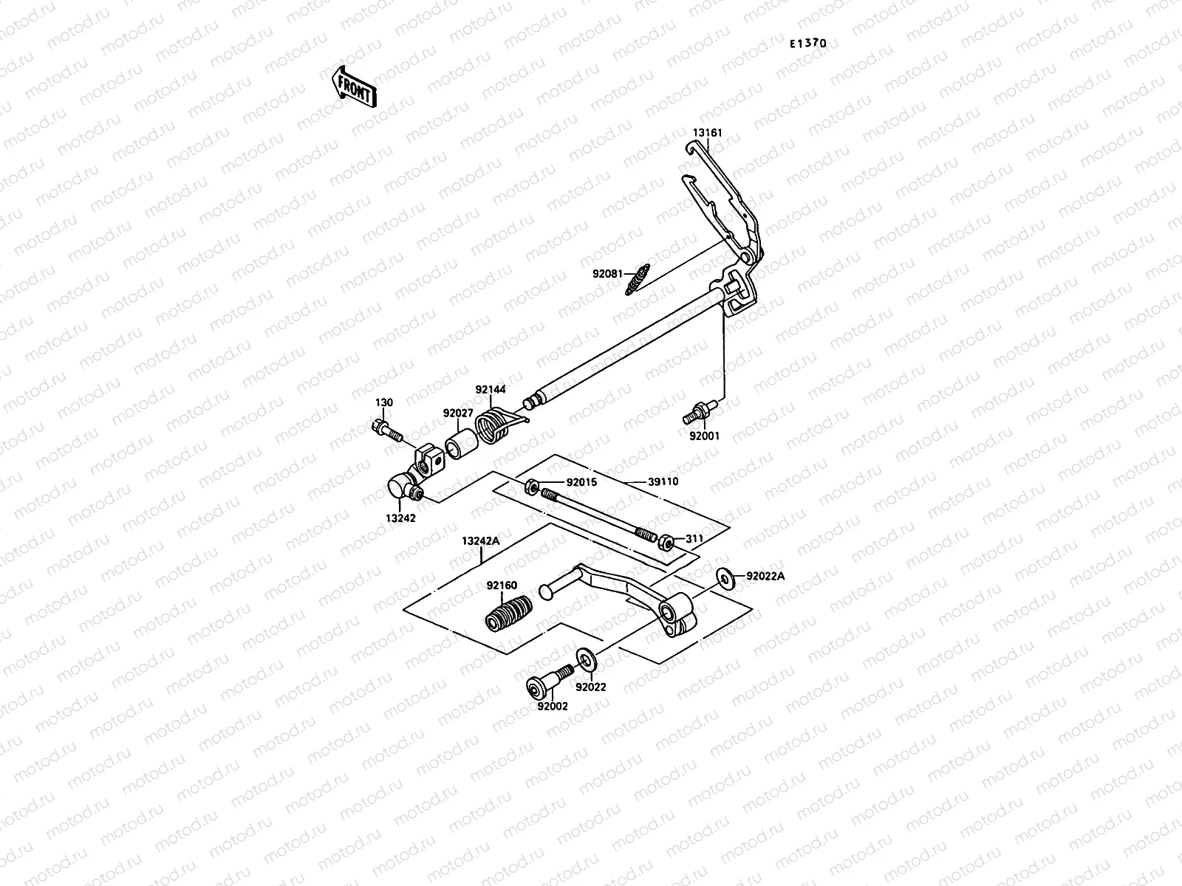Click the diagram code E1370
pyautogui.click(x=807, y=44)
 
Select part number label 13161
pyautogui.click(x=707, y=133)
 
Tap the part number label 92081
pyautogui.click(x=607, y=273)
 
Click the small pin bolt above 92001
pyautogui.click(x=698, y=411)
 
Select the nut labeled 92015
pyautogui.click(x=531, y=487)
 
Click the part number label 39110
pyautogui.click(x=663, y=481)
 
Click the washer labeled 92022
pyautogui.click(x=585, y=657)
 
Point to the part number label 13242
pyautogui.click(x=400, y=518)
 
